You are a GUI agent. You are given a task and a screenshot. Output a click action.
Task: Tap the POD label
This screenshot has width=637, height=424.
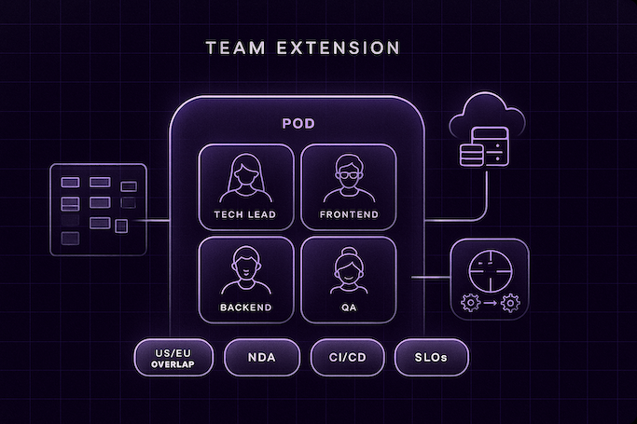tap(298, 123)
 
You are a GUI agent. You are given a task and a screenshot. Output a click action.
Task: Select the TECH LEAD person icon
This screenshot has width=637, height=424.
tap(246, 179)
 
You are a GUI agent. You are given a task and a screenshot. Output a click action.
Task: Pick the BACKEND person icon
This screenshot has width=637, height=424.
tap(246, 270)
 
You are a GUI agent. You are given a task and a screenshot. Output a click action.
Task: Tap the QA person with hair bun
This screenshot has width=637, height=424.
tap(348, 270)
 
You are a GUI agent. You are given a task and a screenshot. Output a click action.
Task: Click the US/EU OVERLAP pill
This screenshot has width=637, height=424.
tap(175, 357)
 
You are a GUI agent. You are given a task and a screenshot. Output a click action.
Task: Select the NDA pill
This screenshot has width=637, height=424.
tap(262, 357)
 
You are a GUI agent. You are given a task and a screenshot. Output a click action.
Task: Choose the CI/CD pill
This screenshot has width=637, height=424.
tap(347, 357)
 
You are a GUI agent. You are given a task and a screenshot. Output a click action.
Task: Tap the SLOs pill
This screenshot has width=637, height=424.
tap(431, 357)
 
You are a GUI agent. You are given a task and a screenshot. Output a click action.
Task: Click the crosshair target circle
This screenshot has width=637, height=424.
tap(489, 267)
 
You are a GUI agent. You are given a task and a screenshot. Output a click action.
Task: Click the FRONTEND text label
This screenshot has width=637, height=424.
tap(348, 215)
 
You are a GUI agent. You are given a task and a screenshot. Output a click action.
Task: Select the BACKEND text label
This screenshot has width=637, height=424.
tap(246, 307)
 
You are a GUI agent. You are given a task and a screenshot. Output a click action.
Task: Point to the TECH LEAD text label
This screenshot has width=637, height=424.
tap(246, 215)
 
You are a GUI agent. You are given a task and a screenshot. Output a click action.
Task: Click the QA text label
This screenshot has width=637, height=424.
tap(348, 307)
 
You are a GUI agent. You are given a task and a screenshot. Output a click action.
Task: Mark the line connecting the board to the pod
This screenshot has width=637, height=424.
tap(157, 221)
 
